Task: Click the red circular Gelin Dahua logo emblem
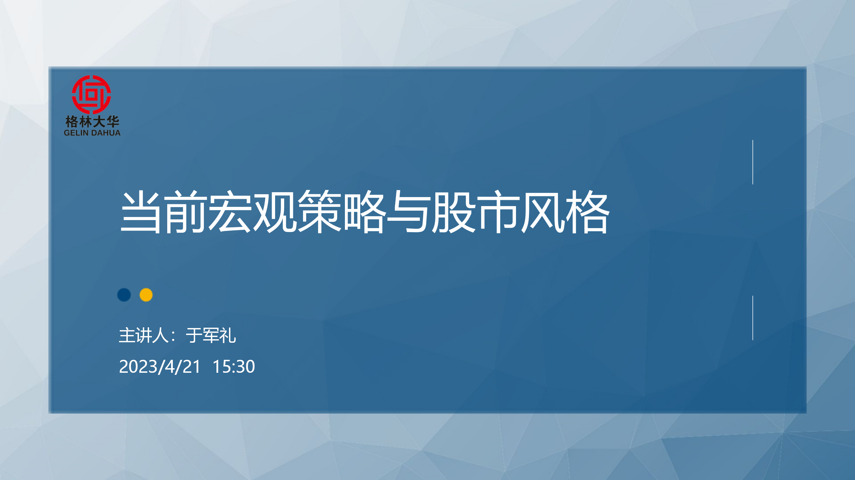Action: coord(91,94)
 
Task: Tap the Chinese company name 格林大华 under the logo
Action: coord(92,122)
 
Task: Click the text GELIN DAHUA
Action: coord(92,133)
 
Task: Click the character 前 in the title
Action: coord(185,212)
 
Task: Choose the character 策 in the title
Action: coord(319,212)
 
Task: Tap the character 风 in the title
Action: coord(543,212)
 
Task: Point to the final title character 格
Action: coord(587,212)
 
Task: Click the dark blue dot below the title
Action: coord(124,295)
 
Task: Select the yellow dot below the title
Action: coord(146,295)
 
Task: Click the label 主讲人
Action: coord(144,335)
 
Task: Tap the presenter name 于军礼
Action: coord(211,335)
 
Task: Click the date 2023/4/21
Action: coord(160,367)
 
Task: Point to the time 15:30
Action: coord(234,366)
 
